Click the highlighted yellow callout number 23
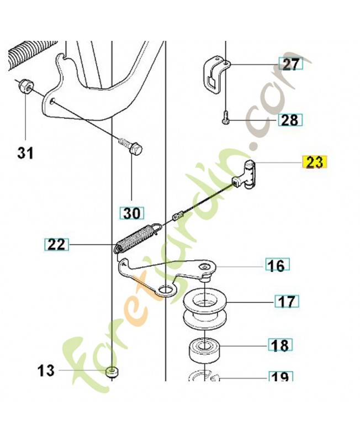pos(314,162)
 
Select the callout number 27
pos(290,65)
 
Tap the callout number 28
pos(290,119)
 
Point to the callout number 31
pos(25,152)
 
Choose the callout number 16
pos(276,266)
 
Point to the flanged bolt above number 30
pos(130,146)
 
